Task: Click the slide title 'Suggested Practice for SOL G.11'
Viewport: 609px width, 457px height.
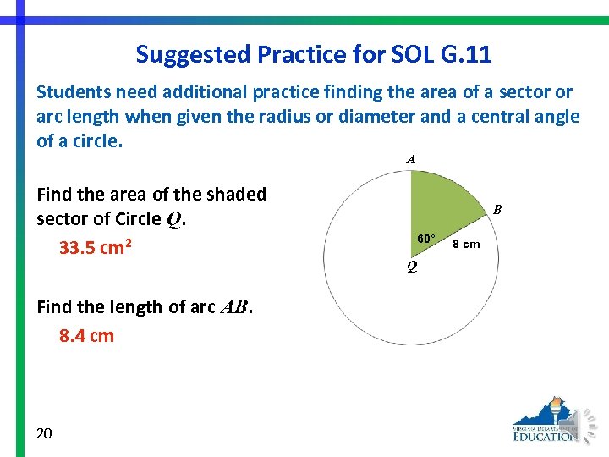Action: tap(314, 55)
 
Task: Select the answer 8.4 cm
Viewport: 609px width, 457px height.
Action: tap(86, 335)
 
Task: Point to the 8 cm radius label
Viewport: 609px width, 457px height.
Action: tap(466, 244)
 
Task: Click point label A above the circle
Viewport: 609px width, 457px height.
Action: tap(410, 158)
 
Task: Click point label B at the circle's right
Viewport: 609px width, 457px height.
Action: tap(497, 209)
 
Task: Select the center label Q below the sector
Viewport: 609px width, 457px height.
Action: tap(411, 267)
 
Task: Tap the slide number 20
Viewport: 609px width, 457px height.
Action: tap(45, 433)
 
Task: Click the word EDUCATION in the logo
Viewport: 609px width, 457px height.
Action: tap(546, 437)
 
